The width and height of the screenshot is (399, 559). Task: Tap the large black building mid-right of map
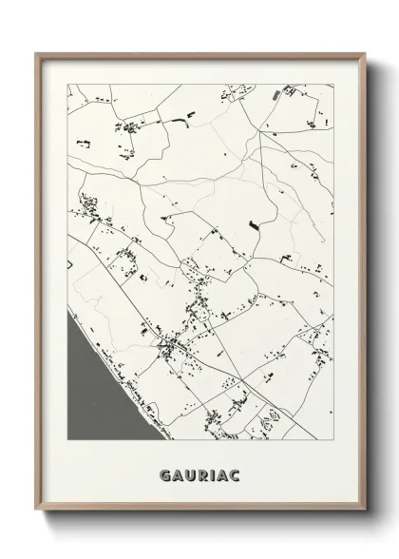coord(253,224)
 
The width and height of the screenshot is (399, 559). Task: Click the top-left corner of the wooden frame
coord(37,52)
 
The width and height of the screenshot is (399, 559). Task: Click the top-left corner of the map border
coord(67,85)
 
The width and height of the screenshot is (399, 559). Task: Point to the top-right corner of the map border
coord(332,85)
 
